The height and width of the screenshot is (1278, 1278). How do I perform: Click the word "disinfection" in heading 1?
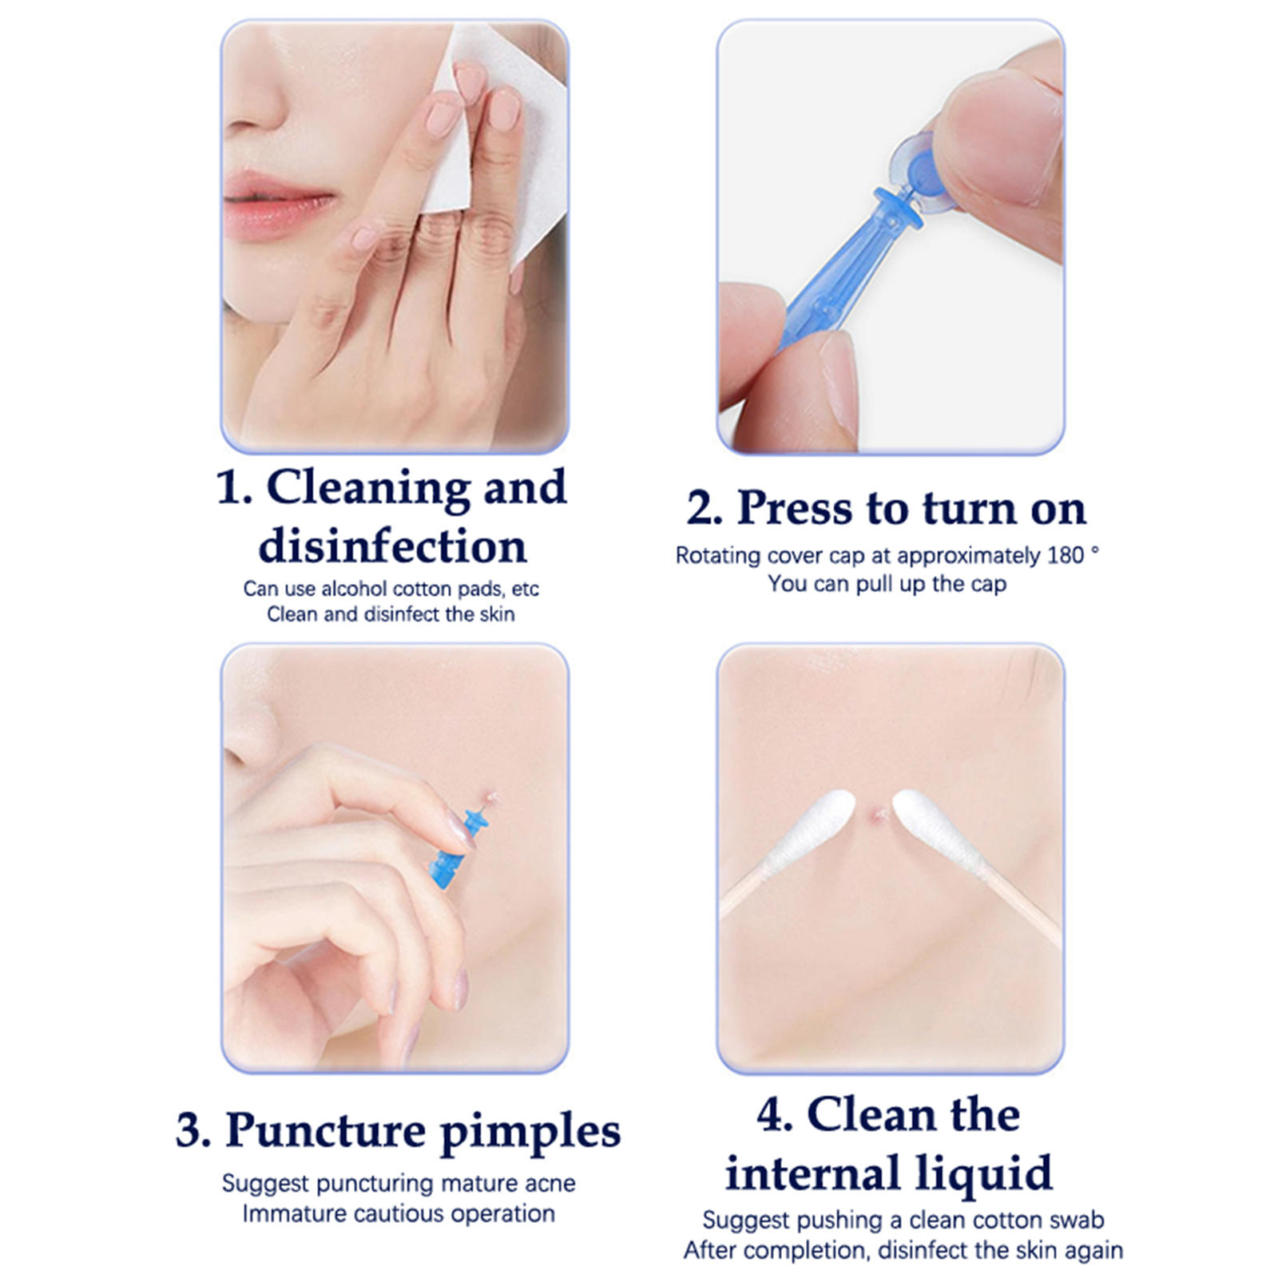coord(392,546)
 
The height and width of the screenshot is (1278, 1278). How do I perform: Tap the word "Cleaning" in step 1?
coord(368,488)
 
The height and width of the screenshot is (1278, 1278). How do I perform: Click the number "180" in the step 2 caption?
coord(1066,555)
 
